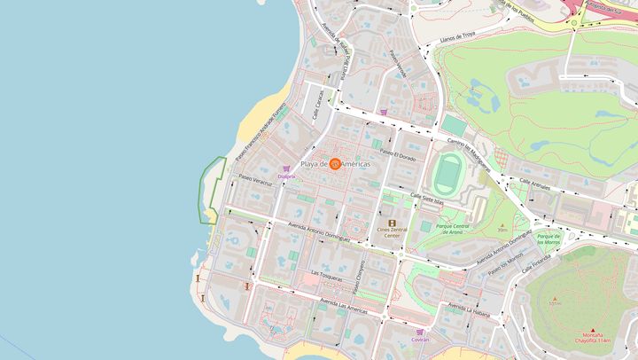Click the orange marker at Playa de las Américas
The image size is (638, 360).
pos(335,164)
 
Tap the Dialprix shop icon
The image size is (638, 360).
pos(285,168)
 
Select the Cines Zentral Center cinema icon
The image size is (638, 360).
pos(392,223)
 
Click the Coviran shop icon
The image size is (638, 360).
pos(421,331)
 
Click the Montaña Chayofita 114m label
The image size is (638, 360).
pos(593,337)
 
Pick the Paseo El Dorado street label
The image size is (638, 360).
pos(397,154)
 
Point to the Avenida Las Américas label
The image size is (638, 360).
pos(344,306)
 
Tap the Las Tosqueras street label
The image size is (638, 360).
pos(327,275)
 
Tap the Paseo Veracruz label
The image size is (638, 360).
pos(255,179)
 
